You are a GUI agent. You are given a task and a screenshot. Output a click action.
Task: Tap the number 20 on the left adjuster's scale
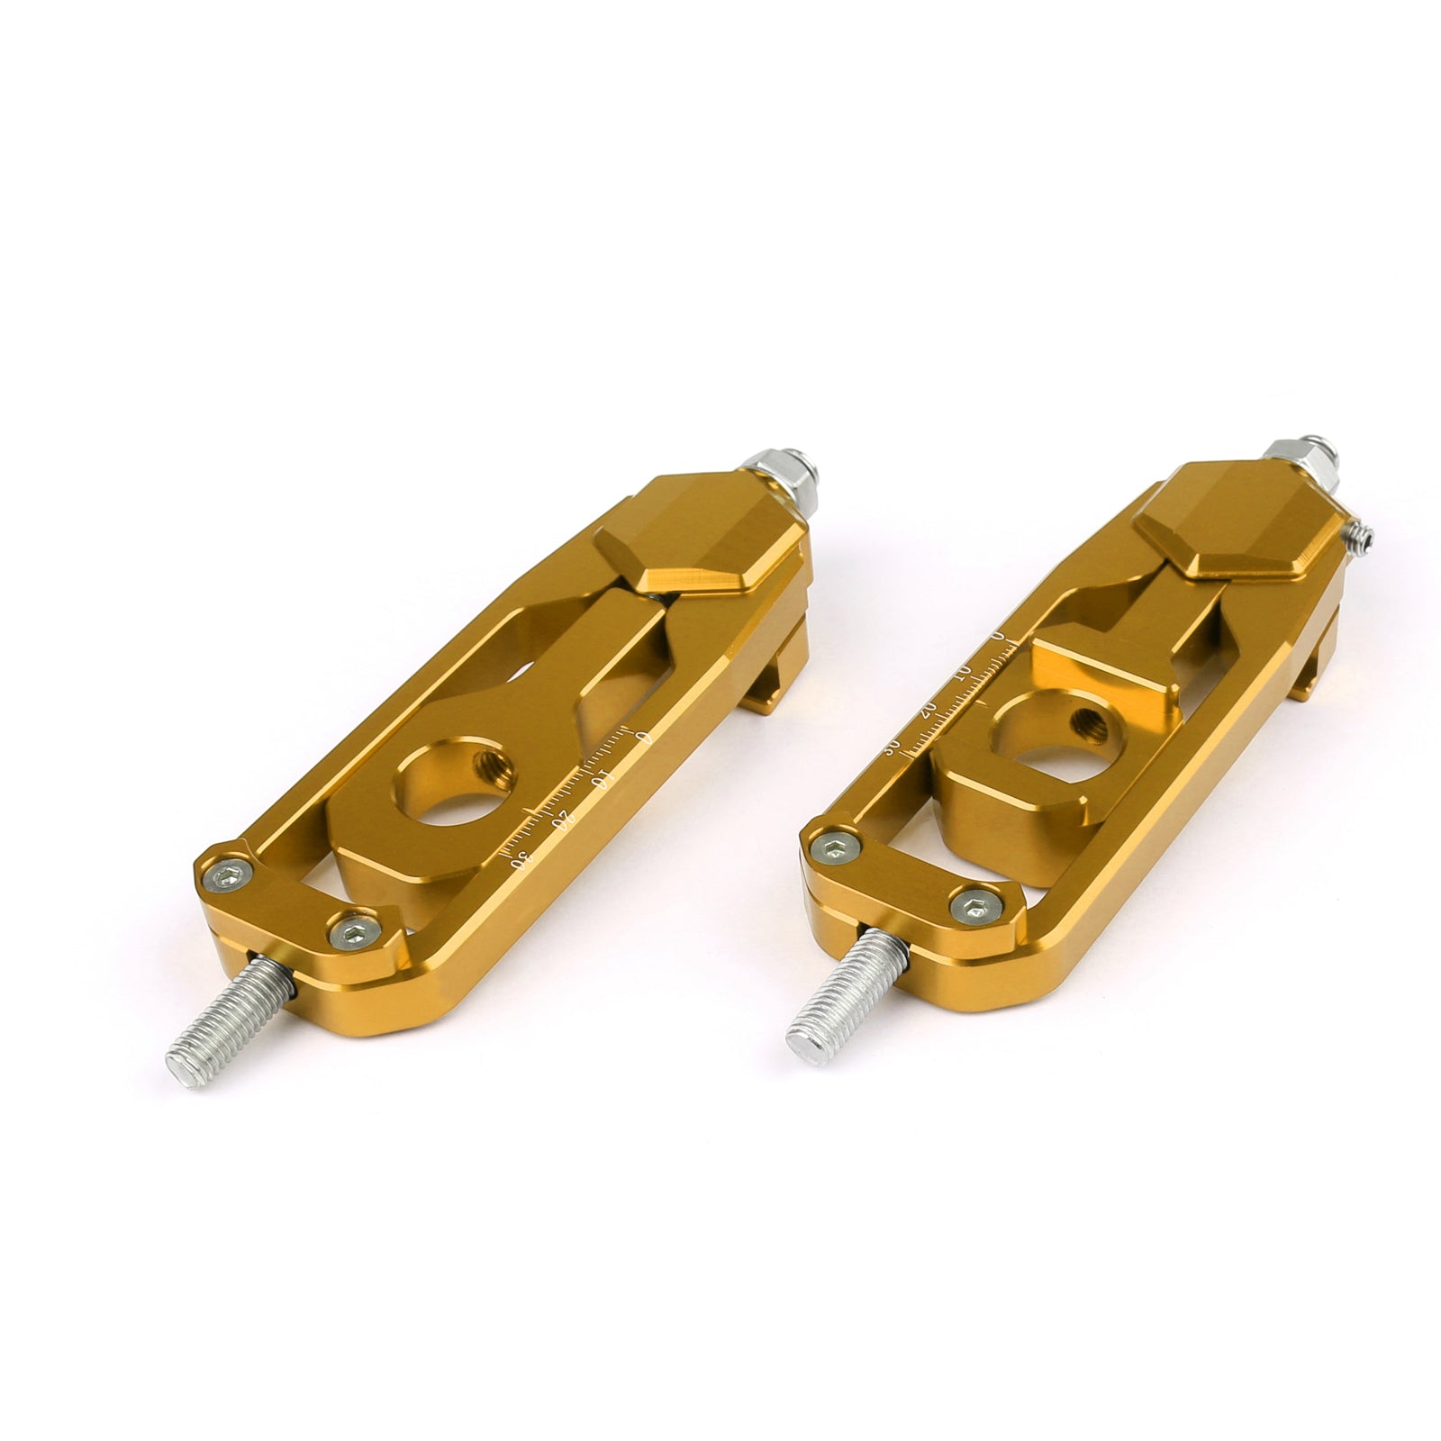click(x=564, y=819)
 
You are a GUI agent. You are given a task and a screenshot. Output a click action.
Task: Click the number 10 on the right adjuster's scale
click(x=962, y=673)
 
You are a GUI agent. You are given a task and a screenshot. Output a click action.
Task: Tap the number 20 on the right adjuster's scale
click(x=928, y=708)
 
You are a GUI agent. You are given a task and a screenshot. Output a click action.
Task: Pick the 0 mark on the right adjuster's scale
click(x=998, y=636)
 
